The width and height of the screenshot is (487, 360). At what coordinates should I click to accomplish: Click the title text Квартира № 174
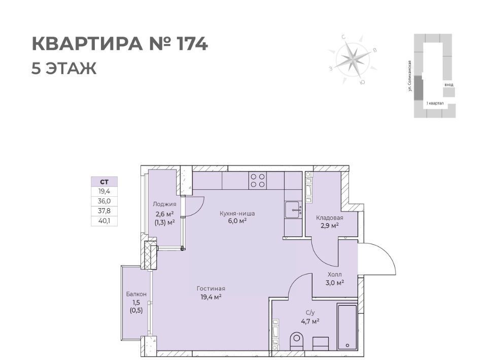click(x=120, y=44)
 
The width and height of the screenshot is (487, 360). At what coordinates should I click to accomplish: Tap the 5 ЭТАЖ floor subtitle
click(x=64, y=68)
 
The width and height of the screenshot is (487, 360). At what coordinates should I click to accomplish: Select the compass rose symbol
click(x=353, y=59)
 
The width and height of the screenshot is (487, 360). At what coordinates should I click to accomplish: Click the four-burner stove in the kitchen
click(x=258, y=181)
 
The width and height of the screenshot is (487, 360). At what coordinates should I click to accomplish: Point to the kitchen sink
click(x=293, y=210)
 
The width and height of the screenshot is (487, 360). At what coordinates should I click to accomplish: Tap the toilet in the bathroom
click(x=297, y=341)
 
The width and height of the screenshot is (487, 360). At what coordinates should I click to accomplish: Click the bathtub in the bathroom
click(x=347, y=327)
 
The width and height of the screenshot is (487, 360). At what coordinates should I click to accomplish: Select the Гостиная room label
click(x=211, y=289)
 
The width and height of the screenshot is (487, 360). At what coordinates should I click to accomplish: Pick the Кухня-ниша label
click(x=237, y=213)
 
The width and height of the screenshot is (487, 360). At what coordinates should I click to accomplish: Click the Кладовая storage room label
click(x=330, y=218)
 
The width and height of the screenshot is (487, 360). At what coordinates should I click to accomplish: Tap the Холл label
click(x=334, y=275)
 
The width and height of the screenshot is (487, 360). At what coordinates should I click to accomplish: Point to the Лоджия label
click(x=164, y=204)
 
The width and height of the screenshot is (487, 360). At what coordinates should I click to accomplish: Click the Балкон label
click(x=136, y=294)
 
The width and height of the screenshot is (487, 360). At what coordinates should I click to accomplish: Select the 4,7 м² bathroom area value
click(x=310, y=321)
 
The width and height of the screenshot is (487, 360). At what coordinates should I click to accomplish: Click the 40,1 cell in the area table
click(x=104, y=221)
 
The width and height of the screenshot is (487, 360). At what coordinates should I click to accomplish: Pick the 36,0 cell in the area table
click(x=104, y=201)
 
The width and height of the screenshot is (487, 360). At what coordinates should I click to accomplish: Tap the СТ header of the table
click(x=104, y=182)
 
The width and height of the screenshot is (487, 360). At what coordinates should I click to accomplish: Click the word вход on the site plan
click(x=449, y=85)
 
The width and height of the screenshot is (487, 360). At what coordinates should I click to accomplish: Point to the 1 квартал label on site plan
click(x=435, y=103)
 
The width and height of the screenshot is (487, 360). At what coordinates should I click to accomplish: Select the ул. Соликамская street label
click(x=410, y=76)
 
